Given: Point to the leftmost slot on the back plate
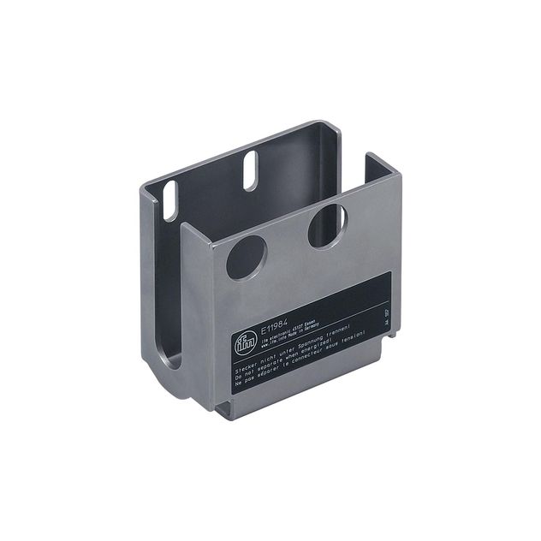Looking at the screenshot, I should click(x=170, y=200).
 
